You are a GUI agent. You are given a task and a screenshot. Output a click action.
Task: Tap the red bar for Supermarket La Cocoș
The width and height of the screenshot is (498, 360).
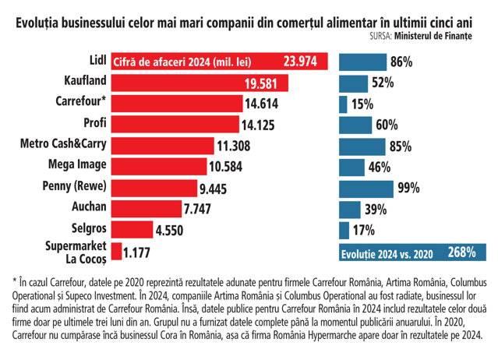[x=116, y=251]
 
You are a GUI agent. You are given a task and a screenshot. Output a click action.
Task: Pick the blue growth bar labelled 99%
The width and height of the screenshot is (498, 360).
[x=367, y=188]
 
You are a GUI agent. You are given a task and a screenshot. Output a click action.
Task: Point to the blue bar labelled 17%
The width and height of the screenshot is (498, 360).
[x=344, y=230]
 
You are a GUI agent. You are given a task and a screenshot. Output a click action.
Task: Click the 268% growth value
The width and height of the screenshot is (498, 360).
[x=462, y=252]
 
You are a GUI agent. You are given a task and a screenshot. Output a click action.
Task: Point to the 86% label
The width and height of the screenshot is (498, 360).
[x=401, y=62]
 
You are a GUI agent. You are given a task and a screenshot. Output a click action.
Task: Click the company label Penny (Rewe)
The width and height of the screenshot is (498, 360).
[x=76, y=185]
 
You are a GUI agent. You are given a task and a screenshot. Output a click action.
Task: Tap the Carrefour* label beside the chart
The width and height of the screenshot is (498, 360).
[x=80, y=101]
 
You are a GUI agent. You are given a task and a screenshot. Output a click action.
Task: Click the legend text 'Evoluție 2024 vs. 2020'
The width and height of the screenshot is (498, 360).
[x=387, y=252]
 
